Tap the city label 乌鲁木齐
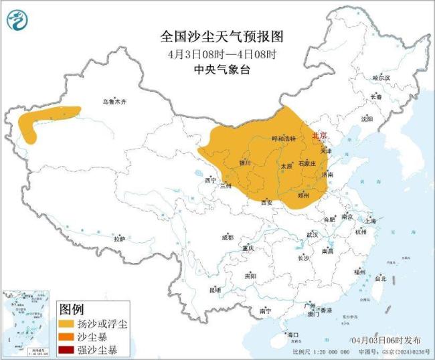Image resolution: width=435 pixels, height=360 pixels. [x=114, y=102]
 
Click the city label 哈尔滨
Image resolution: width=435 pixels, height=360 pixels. [x=380, y=78]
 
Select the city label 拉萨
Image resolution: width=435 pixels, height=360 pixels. [x=119, y=238]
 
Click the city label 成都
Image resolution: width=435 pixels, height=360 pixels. [x=228, y=238]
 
